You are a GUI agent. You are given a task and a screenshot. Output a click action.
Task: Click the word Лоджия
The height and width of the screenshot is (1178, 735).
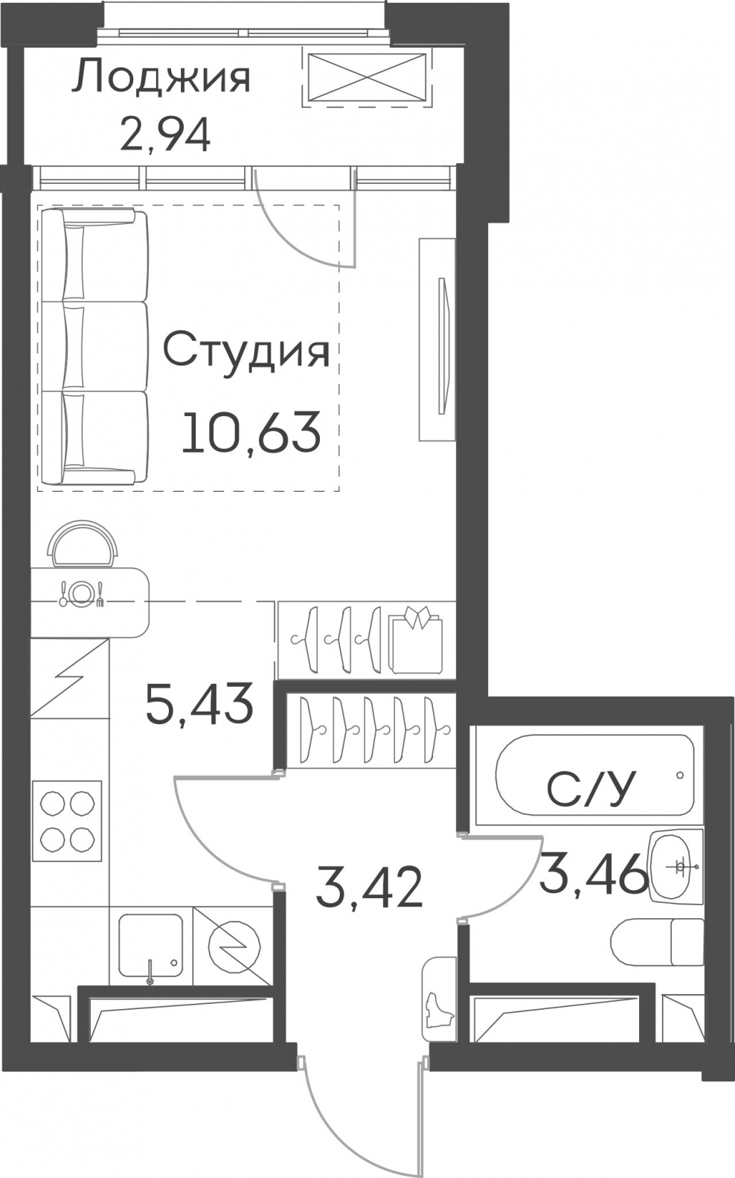161,79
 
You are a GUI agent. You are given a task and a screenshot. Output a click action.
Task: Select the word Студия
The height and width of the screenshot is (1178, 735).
246,353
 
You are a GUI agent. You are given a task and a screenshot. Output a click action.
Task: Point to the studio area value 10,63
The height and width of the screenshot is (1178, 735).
251,432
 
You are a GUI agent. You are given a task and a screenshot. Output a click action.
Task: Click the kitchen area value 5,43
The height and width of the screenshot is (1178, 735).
199,704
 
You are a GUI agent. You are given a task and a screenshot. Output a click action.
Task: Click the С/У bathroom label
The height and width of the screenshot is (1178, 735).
591,790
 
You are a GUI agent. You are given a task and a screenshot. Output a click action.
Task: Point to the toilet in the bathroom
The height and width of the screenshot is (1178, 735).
657,942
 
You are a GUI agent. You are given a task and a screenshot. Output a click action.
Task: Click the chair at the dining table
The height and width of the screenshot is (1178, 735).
82,544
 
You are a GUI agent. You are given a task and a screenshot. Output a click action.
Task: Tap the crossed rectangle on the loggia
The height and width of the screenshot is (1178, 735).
367,77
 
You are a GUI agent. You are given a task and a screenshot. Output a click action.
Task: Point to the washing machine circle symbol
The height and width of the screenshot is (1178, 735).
234,948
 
